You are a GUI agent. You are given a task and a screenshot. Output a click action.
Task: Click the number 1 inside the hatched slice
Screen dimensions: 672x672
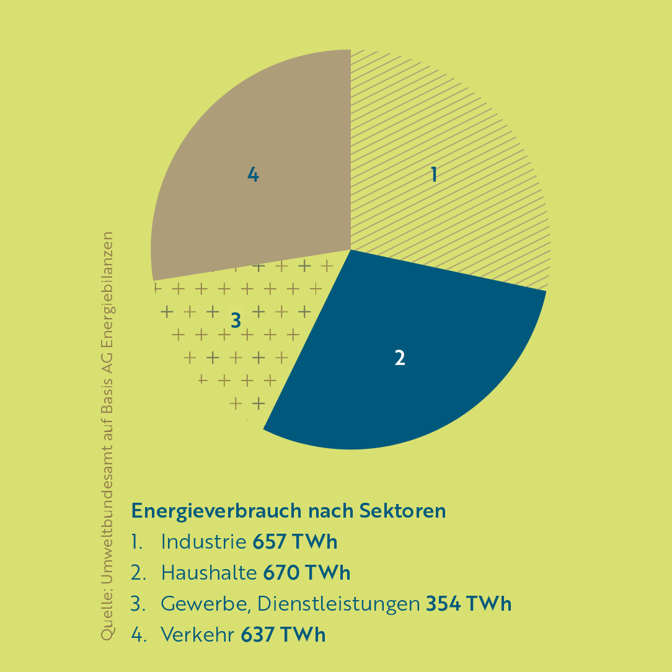(434, 175)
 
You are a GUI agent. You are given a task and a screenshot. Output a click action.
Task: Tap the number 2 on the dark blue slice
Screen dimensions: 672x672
(400, 358)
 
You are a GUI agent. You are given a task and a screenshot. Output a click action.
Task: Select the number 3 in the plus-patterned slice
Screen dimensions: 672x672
(236, 321)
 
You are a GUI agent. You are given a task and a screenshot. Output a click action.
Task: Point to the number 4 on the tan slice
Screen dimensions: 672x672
(253, 175)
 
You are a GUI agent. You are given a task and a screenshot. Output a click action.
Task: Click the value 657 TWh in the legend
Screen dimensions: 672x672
(295, 542)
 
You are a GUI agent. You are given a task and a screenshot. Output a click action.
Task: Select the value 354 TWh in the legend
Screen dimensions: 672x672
(469, 604)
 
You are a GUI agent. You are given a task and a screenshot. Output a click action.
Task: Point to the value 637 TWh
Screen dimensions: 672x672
(283, 635)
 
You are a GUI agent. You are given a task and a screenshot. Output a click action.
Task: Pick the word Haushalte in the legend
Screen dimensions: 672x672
(209, 573)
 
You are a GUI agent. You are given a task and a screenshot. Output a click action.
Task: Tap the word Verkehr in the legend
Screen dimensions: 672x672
(198, 635)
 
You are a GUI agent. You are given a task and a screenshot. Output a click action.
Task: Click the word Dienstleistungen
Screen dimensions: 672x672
(338, 604)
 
